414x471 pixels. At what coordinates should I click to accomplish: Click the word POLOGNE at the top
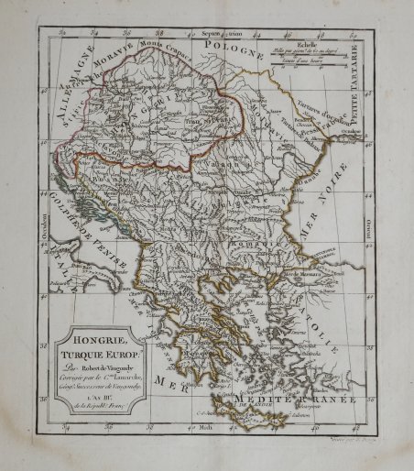pyautogui.click(x=234, y=44)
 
